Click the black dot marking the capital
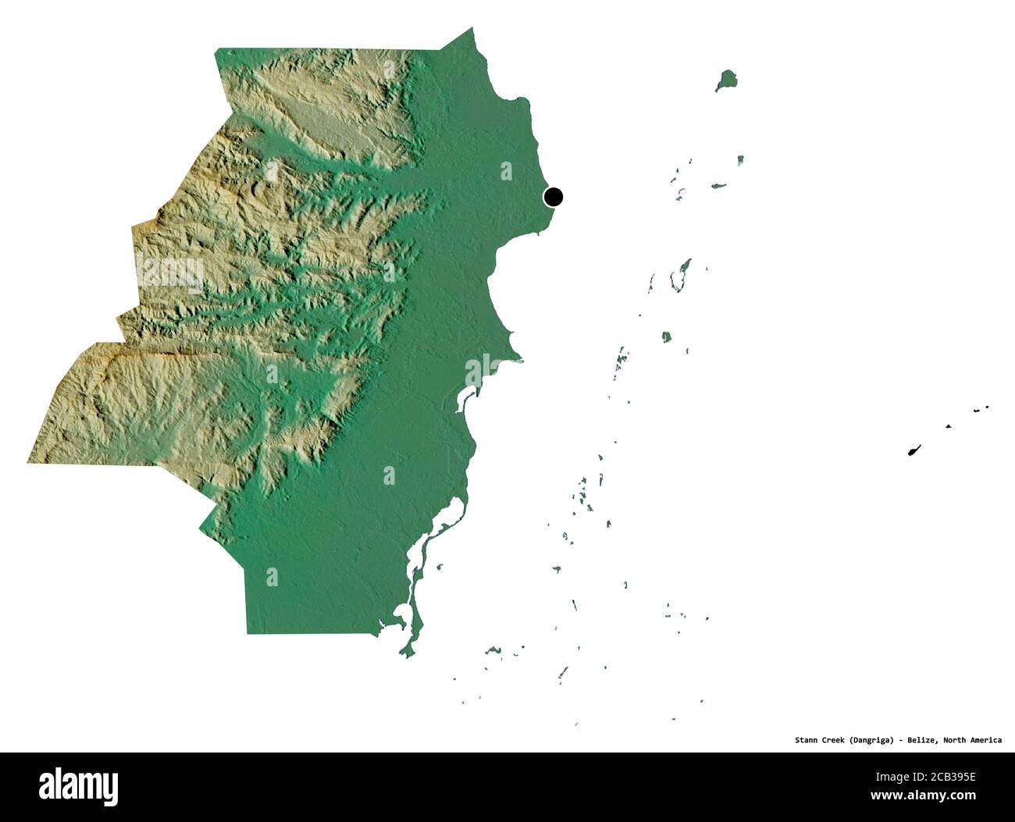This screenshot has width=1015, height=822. [x=554, y=197]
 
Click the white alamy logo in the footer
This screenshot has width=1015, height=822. [x=79, y=784]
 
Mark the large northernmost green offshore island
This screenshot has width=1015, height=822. [x=727, y=80]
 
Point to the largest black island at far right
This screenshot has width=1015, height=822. [x=913, y=450]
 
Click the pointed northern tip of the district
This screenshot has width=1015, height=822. [x=472, y=29]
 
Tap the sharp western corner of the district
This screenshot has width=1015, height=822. [x=28, y=461]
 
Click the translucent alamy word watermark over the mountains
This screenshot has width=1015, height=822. [x=170, y=272]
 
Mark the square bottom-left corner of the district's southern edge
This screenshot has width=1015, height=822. [x=248, y=633]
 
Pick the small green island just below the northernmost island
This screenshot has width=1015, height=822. [x=739, y=160]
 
